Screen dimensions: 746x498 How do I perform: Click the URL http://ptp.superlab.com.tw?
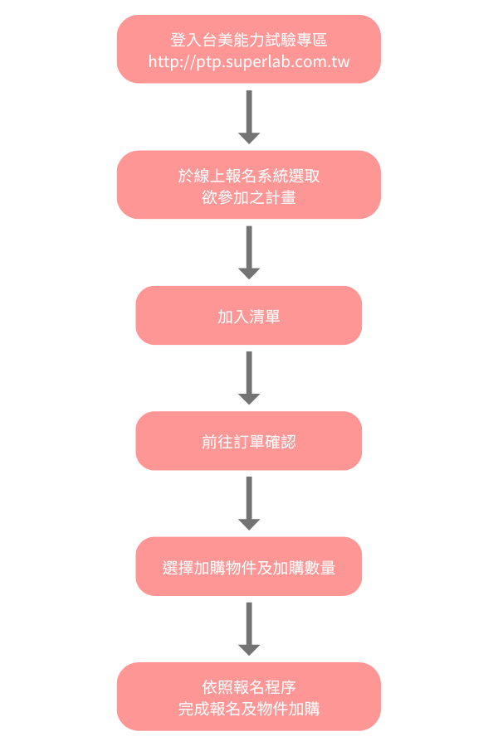coord(249,61)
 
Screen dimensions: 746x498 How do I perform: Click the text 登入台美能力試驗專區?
coord(249,39)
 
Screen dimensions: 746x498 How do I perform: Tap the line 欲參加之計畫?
coord(249,197)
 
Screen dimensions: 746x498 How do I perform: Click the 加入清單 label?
coord(249,316)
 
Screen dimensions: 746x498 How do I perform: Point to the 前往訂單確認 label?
coord(249,442)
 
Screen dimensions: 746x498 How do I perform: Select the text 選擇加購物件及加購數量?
coord(249,568)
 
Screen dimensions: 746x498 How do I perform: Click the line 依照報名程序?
coord(249,687)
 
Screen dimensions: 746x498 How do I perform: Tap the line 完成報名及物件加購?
coord(249,709)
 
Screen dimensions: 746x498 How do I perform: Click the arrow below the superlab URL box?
coord(249,117)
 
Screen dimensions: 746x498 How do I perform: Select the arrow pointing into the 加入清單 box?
coord(249,253)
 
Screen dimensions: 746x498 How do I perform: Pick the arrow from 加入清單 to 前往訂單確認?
coord(249,378)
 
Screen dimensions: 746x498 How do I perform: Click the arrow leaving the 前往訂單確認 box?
coord(249,503)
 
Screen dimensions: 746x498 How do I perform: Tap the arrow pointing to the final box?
coord(249,629)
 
